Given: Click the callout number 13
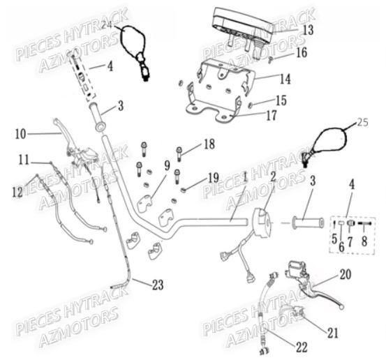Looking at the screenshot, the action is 308,30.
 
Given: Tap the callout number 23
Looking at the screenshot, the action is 158,285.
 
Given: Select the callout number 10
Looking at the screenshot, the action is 21,134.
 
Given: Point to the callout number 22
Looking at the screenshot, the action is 302,347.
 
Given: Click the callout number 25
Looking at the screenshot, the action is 363,122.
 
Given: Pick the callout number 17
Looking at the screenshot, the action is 272,115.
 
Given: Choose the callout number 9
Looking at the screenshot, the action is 168,165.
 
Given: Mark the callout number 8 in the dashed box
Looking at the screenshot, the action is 364,241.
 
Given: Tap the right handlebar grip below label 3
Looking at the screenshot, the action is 308,223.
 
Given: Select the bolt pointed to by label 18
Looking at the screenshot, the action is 179,154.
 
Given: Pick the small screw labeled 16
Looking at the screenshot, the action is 270,59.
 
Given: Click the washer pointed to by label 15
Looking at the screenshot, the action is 249,105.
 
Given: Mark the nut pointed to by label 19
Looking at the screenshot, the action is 183,190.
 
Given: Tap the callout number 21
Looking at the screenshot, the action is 333,333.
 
